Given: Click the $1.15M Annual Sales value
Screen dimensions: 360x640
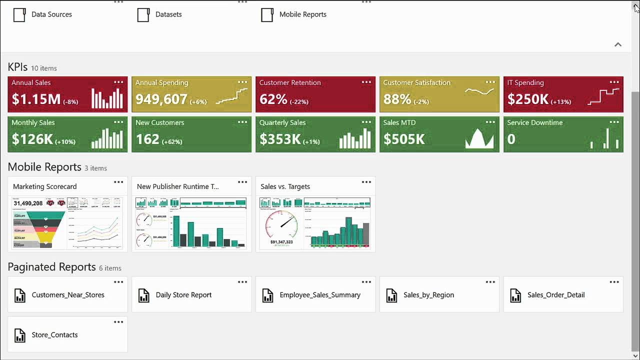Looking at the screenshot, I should (36, 99).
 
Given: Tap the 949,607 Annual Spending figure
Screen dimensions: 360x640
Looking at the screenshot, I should (161, 99).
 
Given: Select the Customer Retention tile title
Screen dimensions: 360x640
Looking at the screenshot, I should (289, 82).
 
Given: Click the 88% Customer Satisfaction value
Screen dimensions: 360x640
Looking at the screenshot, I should (397, 99).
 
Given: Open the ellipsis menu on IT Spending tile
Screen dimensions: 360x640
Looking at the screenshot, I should (614, 82).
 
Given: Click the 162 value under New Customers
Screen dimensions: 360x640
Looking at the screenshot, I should (147, 139).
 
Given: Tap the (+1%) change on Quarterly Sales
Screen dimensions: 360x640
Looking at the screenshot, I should (311, 141).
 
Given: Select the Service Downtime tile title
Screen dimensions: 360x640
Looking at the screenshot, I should (534, 122).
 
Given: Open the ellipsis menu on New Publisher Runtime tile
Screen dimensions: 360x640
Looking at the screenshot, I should (242, 182).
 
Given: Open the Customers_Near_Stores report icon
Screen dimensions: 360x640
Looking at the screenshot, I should (19, 295).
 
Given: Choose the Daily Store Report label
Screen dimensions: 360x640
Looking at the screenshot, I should (183, 295).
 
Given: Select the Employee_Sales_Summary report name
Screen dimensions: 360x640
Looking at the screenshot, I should (320, 295).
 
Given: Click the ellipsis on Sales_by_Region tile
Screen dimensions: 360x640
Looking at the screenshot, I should (490, 282).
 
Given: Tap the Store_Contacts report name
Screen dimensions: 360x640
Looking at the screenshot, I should (54, 335).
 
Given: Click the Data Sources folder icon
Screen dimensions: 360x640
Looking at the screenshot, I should (19, 14).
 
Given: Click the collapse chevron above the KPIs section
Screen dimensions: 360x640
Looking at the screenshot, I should (618, 44).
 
